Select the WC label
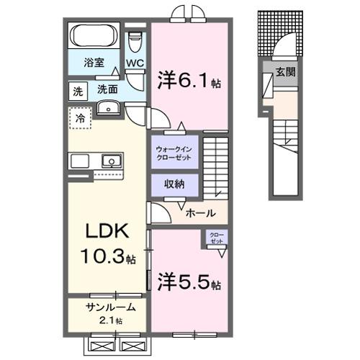click(135, 63)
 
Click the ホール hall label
click(199, 213)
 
